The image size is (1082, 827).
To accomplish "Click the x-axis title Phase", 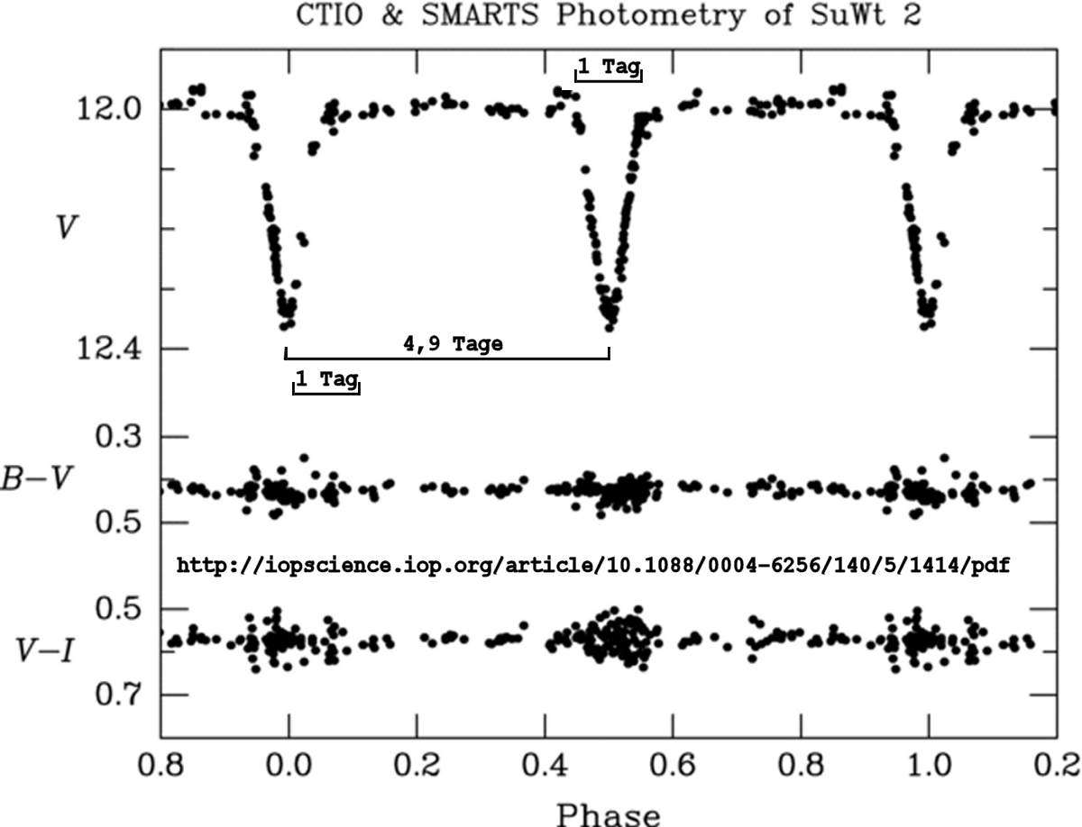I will [x=609, y=812].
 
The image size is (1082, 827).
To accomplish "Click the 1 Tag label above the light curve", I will [x=610, y=66].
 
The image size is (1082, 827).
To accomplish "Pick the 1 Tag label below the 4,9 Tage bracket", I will [x=326, y=379].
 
